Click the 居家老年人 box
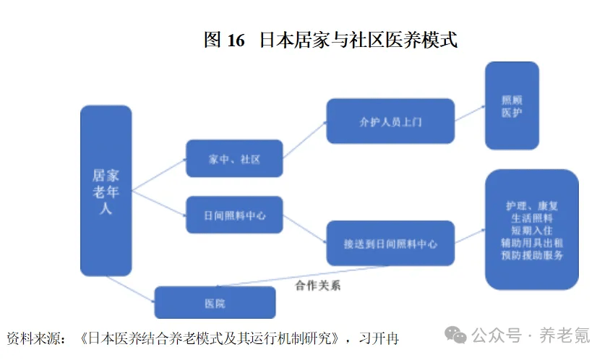tap(106, 191)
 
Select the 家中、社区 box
tap(233, 159)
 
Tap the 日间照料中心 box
tap(233, 215)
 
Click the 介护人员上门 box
tap(390, 121)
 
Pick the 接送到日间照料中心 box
tap(390, 244)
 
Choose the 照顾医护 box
tap(511, 106)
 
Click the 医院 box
tap(215, 303)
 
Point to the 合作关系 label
tap(317, 286)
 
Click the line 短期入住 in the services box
tap(531, 230)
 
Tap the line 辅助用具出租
tap(531, 242)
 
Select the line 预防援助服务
tap(531, 254)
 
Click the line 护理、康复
tap(531, 205)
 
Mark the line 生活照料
tap(531, 218)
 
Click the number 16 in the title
tap(236, 40)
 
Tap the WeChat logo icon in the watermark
tap(455, 335)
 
